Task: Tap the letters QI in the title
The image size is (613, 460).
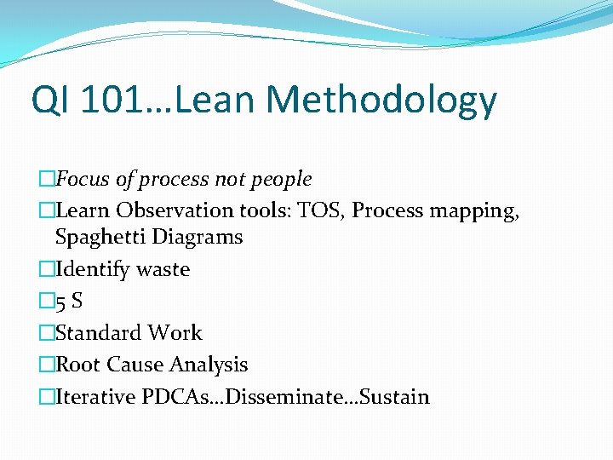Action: (50, 100)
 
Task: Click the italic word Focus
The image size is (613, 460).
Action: (83, 180)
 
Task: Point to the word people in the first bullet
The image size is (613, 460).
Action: (283, 180)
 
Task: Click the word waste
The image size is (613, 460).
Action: (162, 270)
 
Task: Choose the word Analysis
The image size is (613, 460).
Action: (209, 365)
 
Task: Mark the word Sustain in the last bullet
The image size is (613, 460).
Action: (395, 397)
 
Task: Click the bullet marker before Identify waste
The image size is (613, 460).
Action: (46, 270)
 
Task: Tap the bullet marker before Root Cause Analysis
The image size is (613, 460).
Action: (46, 365)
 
